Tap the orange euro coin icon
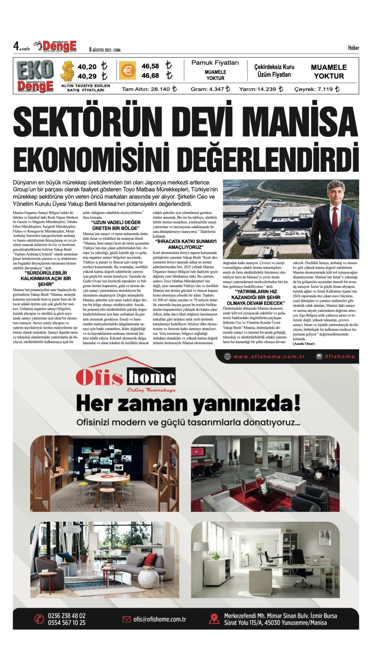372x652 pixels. pyautogui.click(x=127, y=70)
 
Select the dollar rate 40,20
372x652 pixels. pyautogui.click(x=87, y=67)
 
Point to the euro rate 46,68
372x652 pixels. pyautogui.click(x=150, y=76)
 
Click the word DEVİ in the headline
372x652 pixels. pyautogui.click(x=200, y=120)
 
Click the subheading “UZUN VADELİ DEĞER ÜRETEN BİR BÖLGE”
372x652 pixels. pyautogui.click(x=116, y=225)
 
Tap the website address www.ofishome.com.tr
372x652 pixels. pyautogui.click(x=269, y=356)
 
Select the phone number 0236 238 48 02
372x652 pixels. pyautogui.click(x=67, y=616)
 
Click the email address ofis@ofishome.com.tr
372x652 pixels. pyautogui.click(x=159, y=619)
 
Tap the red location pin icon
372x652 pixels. pyautogui.click(x=214, y=619)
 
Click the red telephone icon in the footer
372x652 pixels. pyautogui.click(x=39, y=619)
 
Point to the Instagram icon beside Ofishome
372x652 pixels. pyautogui.click(x=319, y=356)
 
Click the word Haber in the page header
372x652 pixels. pyautogui.click(x=353, y=48)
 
